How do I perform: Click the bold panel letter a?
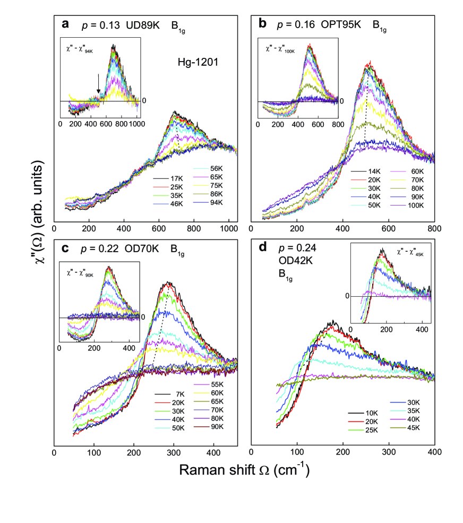[65, 24]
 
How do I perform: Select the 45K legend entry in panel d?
[406, 428]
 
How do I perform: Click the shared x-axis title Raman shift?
[244, 470]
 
